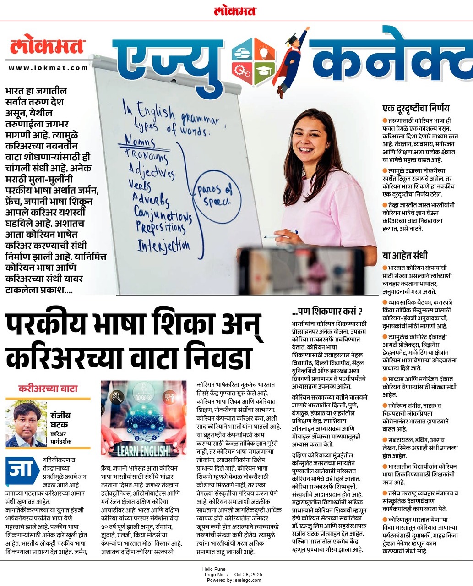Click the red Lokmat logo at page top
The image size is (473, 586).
235,11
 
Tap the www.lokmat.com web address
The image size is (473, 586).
48,68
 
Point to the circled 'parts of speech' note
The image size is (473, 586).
218,196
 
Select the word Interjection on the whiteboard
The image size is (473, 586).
163,246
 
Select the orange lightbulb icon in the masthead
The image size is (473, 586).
264,51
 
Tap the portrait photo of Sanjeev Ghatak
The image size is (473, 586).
27,424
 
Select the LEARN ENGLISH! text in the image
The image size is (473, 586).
143,451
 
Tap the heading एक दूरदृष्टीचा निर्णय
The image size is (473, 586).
416,108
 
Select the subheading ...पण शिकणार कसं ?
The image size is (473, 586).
327,312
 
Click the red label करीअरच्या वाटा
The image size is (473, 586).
48,389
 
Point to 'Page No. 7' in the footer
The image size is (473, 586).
217,575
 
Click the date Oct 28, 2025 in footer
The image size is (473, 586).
248,575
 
